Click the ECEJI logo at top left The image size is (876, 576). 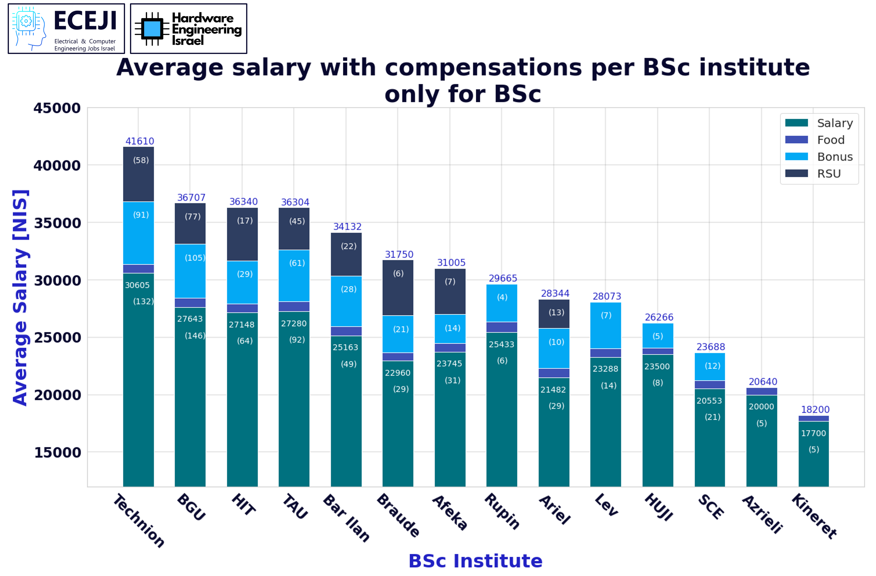pos(66,29)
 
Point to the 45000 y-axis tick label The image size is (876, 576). pos(57,108)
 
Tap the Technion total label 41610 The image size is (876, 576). pos(139,141)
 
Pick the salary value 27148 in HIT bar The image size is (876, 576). pos(242,325)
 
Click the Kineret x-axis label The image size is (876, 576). pos(814,516)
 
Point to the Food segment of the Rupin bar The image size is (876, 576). pos(502,327)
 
